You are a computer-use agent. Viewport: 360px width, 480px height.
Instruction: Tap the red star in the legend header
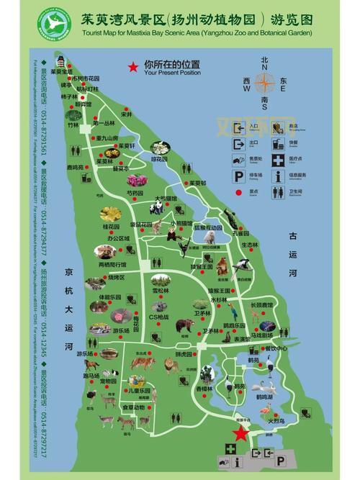(x=132, y=67)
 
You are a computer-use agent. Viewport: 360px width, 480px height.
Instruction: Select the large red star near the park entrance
(x=239, y=433)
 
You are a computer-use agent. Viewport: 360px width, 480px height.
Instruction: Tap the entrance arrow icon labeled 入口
(x=238, y=127)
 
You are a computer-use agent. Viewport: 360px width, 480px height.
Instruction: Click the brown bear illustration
(x=184, y=326)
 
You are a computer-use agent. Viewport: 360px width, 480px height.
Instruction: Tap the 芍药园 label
(x=135, y=193)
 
